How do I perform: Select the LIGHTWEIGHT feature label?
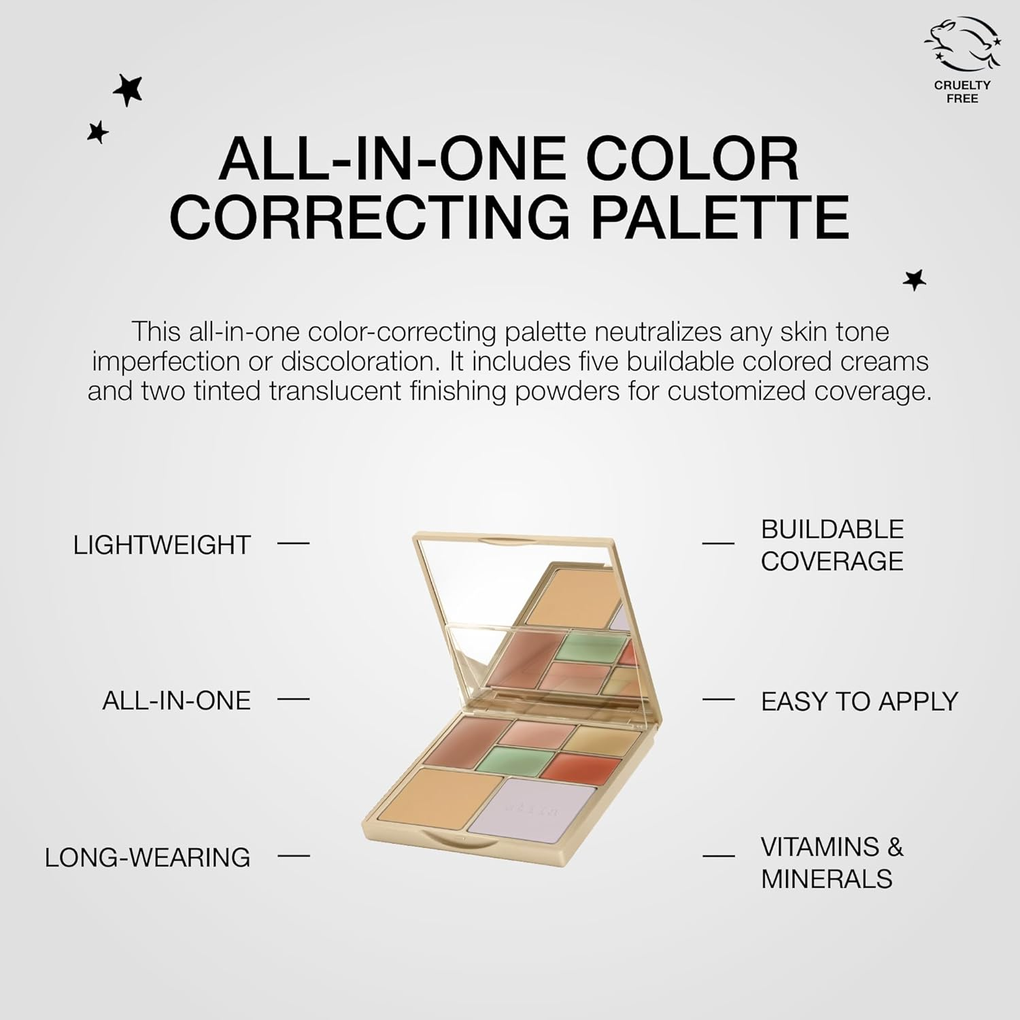(x=162, y=545)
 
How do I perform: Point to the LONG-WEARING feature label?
(x=148, y=857)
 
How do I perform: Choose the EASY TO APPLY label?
(x=859, y=701)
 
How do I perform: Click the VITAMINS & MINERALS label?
(x=832, y=863)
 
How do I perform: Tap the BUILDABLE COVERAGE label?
(x=832, y=545)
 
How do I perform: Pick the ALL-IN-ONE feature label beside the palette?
(x=176, y=700)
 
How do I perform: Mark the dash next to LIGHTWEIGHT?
(x=294, y=543)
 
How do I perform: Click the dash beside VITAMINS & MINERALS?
(x=718, y=855)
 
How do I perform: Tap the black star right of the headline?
(x=915, y=279)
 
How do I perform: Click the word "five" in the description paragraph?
(x=590, y=361)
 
